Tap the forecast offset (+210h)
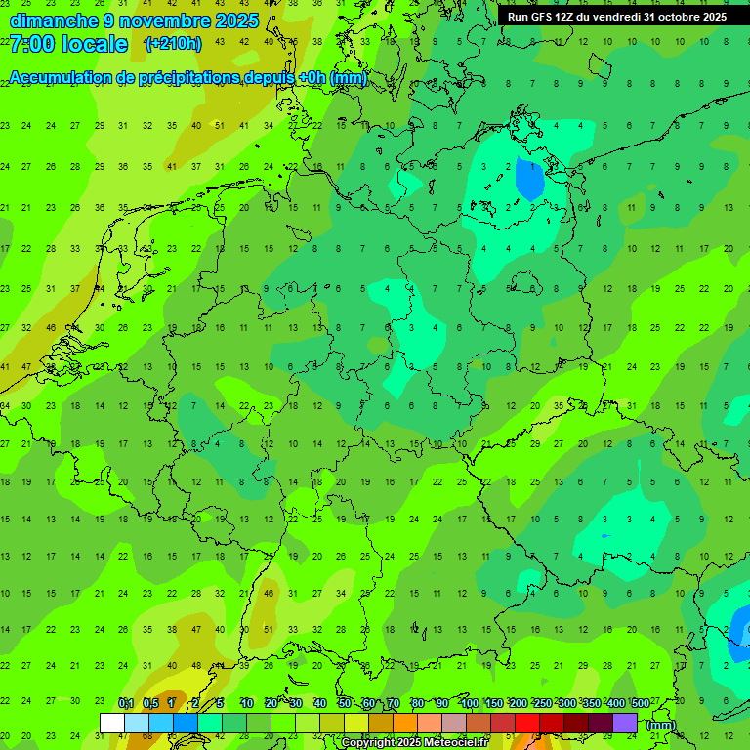point(173,44)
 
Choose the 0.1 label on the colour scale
point(126,704)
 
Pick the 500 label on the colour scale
point(641,704)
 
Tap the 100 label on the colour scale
point(470,704)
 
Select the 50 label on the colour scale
point(345,704)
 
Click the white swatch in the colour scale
point(112,723)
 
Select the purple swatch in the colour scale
point(625,723)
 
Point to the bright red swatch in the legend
point(527,723)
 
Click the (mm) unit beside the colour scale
point(661,725)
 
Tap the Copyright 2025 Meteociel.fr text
point(415,742)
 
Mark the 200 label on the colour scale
point(519,704)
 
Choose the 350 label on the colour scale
point(592,704)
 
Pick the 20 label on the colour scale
point(271,704)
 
